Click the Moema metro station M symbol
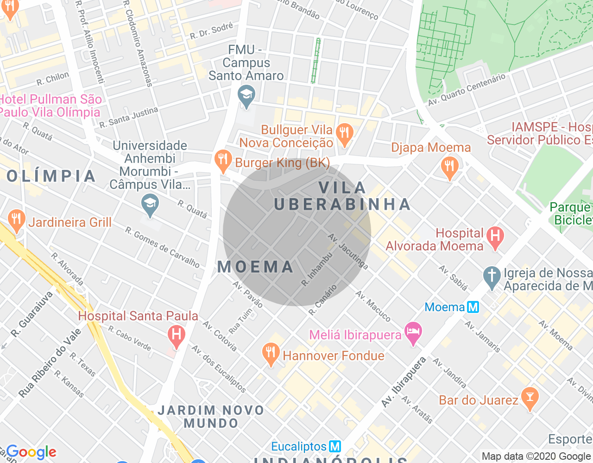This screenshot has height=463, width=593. click(x=473, y=307)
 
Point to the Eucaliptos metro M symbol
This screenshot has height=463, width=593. click(x=334, y=446)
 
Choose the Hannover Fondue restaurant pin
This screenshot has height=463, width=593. click(x=270, y=354)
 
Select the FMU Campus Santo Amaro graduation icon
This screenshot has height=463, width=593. click(x=246, y=96)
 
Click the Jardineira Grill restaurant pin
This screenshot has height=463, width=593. click(x=17, y=220)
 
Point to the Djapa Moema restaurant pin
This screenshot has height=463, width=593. click(x=449, y=167)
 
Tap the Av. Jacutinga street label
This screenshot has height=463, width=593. click(x=348, y=252)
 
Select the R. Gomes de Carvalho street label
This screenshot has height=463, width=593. click(x=162, y=247)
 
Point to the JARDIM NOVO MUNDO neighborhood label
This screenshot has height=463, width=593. click(x=211, y=417)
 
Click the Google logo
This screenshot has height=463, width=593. click(x=31, y=452)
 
